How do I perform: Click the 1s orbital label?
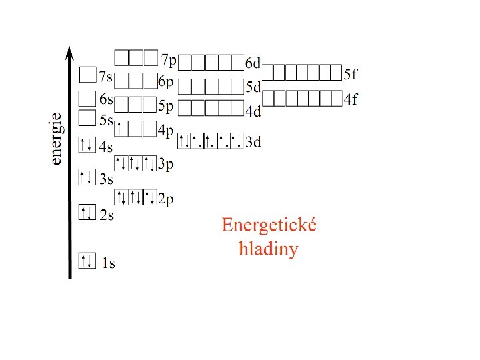108,263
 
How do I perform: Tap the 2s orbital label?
106,215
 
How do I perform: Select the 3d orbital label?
253,141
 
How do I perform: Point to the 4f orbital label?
351,99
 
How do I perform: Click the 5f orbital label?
351,73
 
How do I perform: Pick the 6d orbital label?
253,64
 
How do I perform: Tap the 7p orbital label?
169,61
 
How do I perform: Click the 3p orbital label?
166,164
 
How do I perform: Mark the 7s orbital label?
105,77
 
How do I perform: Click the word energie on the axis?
57,138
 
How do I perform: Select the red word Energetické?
269,225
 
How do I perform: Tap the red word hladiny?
269,249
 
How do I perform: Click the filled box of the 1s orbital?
87,260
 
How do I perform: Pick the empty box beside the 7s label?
87,74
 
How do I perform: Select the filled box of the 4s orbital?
87,144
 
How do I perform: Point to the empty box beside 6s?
87,98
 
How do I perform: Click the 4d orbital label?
253,111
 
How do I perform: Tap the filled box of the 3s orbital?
87,177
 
